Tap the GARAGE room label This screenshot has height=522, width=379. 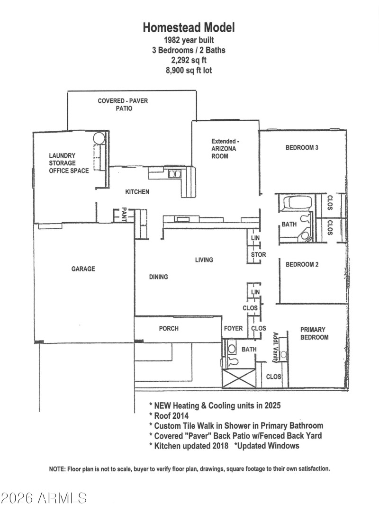(x=83, y=269)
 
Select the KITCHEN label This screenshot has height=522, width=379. (x=137, y=192)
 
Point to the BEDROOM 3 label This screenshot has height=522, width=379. (x=301, y=148)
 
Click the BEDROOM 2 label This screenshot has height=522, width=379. (x=302, y=264)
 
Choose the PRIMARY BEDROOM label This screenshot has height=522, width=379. (x=314, y=333)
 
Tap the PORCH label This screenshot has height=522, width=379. (x=169, y=328)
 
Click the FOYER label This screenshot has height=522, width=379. (x=233, y=328)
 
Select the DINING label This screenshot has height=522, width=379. (x=158, y=277)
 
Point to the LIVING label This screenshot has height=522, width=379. (x=204, y=260)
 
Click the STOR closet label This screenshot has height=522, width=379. (x=258, y=255)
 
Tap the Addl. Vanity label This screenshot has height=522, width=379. (x=275, y=347)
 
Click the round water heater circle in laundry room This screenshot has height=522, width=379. (x=99, y=138)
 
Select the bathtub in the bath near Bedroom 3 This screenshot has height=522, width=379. (x=294, y=204)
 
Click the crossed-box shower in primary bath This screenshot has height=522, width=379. (x=239, y=378)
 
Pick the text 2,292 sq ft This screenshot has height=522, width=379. (x=189, y=60)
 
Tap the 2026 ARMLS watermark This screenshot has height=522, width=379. (x=44, y=498)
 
